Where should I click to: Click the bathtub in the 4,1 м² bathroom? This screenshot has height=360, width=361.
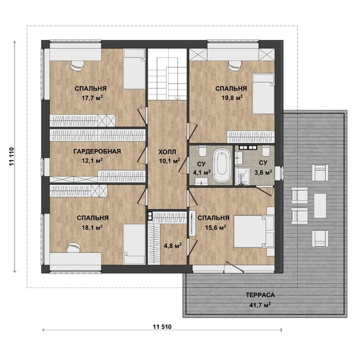coord(222,165)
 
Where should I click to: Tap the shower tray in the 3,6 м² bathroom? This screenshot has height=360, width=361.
coord(243,176)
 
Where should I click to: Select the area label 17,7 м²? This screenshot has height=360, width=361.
coord(92,98)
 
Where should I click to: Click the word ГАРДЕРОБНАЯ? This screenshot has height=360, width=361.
coord(97,151)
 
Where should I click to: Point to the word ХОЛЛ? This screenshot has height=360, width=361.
coord(167,152)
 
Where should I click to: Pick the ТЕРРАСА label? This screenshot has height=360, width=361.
coord(260,295)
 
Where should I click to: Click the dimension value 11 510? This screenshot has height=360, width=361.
coord(162,327)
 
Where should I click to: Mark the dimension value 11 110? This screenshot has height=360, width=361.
coord(12,157)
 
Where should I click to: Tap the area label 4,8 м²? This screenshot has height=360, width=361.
coord(173,246)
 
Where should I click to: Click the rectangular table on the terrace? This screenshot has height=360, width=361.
coord(320,206)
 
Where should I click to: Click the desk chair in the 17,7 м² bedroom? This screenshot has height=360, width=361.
coord(77,65)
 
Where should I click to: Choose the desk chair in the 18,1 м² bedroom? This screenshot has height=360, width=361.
coord(74,247)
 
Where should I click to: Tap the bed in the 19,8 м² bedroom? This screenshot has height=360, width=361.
coord(263,94)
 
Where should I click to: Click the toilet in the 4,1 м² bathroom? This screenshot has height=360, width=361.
coord(202,151)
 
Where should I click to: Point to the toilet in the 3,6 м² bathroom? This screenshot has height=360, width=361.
coord(266,150)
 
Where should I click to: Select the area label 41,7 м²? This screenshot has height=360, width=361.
coord(260,306)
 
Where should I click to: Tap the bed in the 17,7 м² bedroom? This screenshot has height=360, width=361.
coord(134,69)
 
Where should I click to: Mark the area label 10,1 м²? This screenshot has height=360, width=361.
coord(169,161)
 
